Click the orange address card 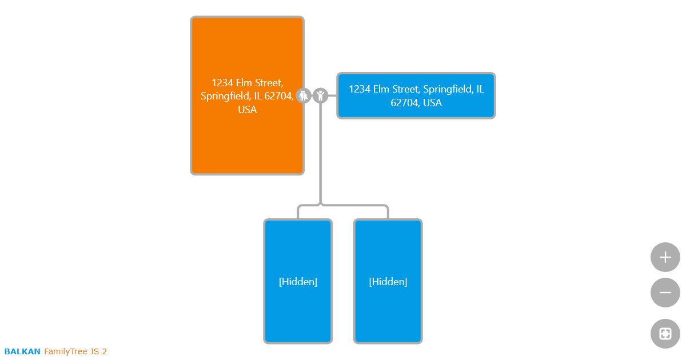(247, 137)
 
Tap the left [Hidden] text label (298, 282)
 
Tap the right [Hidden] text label (388, 282)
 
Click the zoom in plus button (665, 257)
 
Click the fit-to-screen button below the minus (665, 334)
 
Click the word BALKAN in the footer (22, 351)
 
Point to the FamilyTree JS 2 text (75, 351)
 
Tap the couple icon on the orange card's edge (304, 95)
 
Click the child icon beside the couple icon (321, 95)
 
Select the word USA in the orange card (248, 110)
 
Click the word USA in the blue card (433, 103)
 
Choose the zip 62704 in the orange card (279, 96)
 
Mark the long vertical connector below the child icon (321, 154)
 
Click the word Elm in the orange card (245, 83)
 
